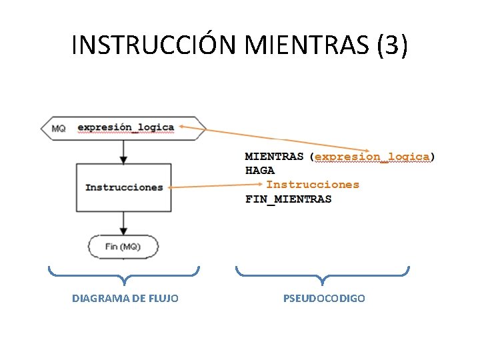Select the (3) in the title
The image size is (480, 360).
coord(392,45)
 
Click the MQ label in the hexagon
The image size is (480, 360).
coord(58,128)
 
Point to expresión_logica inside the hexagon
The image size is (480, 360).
coord(125,127)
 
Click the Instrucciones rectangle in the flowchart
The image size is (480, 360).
coord(124,187)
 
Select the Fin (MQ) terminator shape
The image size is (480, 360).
coord(123,247)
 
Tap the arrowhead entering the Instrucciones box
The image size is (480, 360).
coord(123,160)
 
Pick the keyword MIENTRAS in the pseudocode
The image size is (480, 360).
coord(274,157)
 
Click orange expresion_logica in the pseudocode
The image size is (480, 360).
coord(372,157)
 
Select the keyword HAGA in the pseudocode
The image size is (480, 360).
coord(260,171)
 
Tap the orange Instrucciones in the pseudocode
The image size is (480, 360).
coord(313,185)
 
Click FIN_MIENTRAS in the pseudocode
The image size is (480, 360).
coord(288,199)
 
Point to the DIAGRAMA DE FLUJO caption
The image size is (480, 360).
coord(125,299)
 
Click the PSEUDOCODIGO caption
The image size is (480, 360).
coord(324,299)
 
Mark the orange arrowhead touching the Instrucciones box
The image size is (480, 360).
coord(173,188)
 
